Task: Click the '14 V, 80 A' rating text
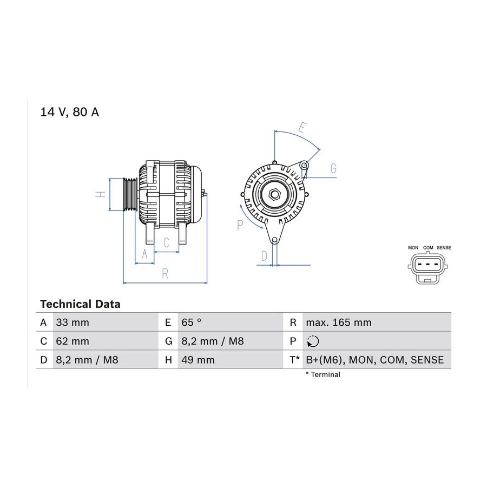click(x=70, y=112)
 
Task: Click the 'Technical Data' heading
click(x=80, y=304)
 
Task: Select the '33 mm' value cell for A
click(x=73, y=323)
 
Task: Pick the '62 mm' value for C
click(x=73, y=341)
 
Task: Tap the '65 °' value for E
click(x=192, y=323)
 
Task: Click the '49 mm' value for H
click(x=198, y=360)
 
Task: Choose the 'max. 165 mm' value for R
click(x=339, y=323)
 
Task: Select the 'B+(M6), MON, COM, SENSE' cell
click(x=375, y=360)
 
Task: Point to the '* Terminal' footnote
click(x=323, y=374)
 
